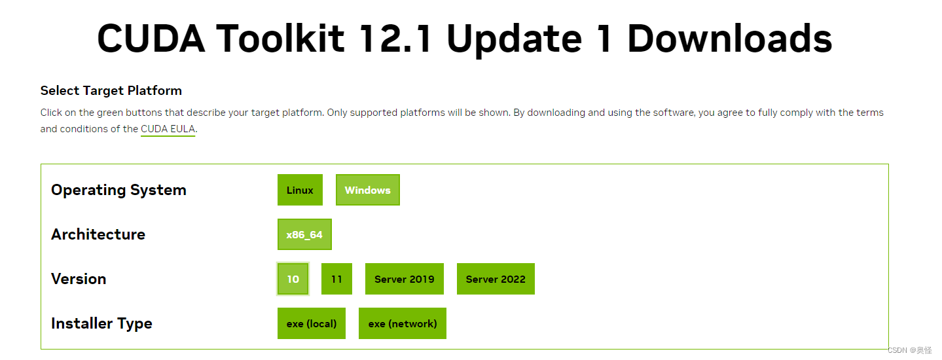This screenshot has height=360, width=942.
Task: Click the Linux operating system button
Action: pos(300,190)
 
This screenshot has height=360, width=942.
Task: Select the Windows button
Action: pos(367,190)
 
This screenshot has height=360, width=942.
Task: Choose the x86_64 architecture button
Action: pos(304,234)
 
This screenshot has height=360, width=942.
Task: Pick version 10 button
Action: pos(293,279)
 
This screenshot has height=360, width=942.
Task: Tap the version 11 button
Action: pos(336,279)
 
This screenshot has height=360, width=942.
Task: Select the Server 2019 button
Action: pos(404,279)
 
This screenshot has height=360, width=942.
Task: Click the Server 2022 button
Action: pos(496,279)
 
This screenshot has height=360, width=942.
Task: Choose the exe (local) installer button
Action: pos(312,323)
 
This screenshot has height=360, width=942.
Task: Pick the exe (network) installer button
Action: pos(403,323)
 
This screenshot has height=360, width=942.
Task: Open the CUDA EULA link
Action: pos(168,129)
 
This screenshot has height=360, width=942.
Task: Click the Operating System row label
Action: pos(118,190)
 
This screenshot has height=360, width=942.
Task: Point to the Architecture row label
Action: pos(98,234)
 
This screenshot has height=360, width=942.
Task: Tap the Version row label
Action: pos(79,279)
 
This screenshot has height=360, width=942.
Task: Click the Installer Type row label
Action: pos(101,323)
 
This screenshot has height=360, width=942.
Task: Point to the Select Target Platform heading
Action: pos(111,90)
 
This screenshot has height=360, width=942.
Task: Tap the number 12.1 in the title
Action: pos(395,39)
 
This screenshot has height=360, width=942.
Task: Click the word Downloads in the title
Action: pos(729,39)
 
